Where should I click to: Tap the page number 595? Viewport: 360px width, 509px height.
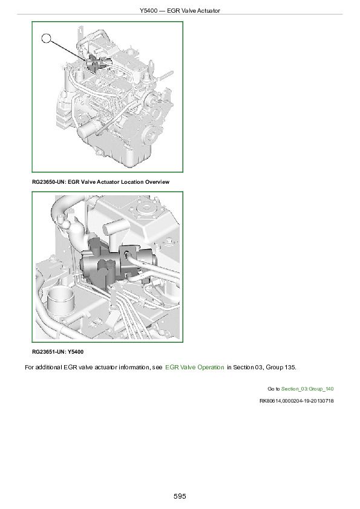[180, 496]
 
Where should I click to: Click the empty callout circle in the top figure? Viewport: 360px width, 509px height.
[47, 39]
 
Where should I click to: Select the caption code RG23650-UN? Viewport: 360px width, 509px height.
[48, 182]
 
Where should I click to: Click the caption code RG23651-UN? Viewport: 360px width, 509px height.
[48, 352]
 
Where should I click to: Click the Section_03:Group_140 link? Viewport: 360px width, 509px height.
[308, 388]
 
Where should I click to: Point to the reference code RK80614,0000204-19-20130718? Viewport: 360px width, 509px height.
[296, 400]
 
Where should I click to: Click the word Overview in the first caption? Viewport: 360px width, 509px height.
[155, 182]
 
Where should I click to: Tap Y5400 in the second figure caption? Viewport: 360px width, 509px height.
[76, 352]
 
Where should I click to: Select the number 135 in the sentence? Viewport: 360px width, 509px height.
[289, 367]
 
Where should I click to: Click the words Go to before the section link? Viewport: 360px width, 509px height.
[273, 388]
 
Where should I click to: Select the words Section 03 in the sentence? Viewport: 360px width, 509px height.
[244, 367]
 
